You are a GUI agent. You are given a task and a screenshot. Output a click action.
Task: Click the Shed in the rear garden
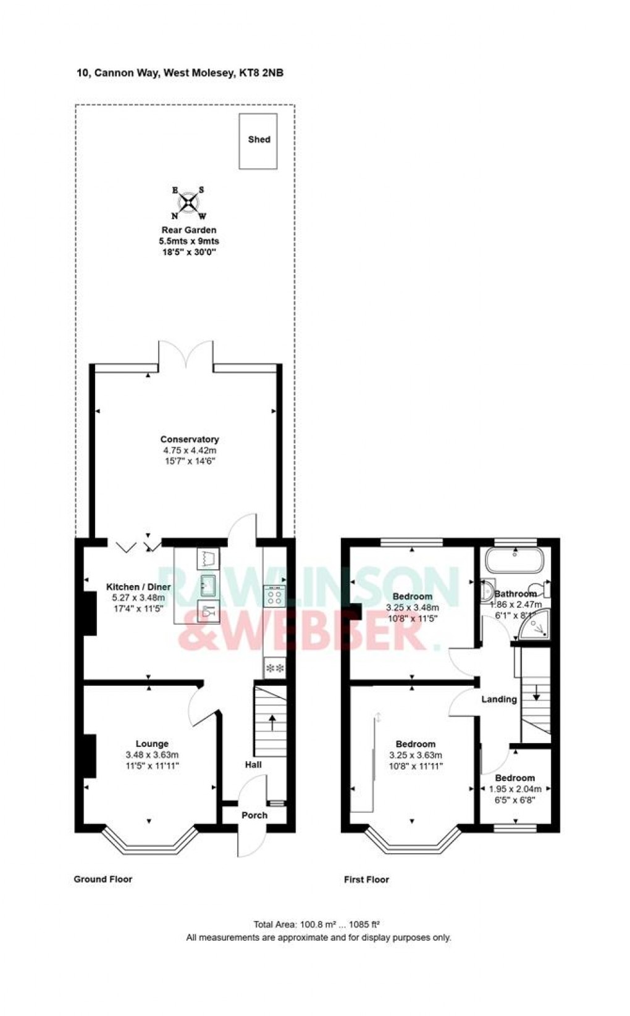[258, 141]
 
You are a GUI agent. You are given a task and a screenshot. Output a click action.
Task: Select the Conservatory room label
[190, 439]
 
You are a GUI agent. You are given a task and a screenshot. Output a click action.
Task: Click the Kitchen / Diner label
[138, 586]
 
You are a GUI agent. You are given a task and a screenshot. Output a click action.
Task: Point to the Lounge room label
[152, 744]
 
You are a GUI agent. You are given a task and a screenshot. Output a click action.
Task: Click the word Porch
[254, 815]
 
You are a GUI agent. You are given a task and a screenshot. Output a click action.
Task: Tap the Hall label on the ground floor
[253, 765]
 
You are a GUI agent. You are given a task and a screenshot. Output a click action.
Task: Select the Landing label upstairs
[499, 699]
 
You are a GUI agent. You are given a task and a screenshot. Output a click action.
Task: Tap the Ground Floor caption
[103, 879]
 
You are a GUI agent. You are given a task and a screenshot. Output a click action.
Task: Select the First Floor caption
[366, 880]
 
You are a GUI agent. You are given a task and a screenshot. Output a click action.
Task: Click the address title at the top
[180, 73]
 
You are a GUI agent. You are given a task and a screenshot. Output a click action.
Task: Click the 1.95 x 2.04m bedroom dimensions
[515, 789]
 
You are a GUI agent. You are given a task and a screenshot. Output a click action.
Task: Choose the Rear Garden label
[189, 230]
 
